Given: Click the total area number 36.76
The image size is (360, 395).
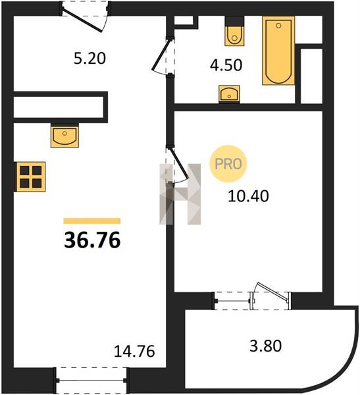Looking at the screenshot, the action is tap(92, 240).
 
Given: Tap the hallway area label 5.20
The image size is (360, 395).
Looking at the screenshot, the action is tap(90, 58).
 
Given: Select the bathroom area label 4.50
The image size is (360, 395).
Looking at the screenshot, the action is tap(226, 65).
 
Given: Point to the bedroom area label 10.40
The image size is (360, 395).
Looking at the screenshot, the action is tap(248, 196).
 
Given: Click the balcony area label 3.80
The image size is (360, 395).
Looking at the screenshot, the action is tap(265, 346).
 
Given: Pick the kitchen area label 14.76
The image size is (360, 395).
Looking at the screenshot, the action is tap(134, 351).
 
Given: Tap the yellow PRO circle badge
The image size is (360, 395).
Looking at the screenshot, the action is tap(228, 164).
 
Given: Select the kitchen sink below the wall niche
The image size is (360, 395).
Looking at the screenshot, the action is tap(64, 137).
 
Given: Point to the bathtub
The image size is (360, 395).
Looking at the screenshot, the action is tap(278, 51).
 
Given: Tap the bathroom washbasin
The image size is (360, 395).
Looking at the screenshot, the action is tap(229, 94).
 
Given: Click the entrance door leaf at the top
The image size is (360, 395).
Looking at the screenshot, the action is tap(82, 21).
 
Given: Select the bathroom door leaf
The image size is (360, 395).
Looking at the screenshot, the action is tap(161, 53).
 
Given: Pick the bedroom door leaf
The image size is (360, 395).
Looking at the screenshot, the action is tap(180, 163).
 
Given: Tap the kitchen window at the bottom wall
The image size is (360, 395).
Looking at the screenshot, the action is tap(91, 381).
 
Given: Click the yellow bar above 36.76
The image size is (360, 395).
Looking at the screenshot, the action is tap(92, 221).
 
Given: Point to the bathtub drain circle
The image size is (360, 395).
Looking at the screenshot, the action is tap(278, 26).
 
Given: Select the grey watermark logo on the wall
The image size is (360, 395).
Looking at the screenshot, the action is tap(180, 194).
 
